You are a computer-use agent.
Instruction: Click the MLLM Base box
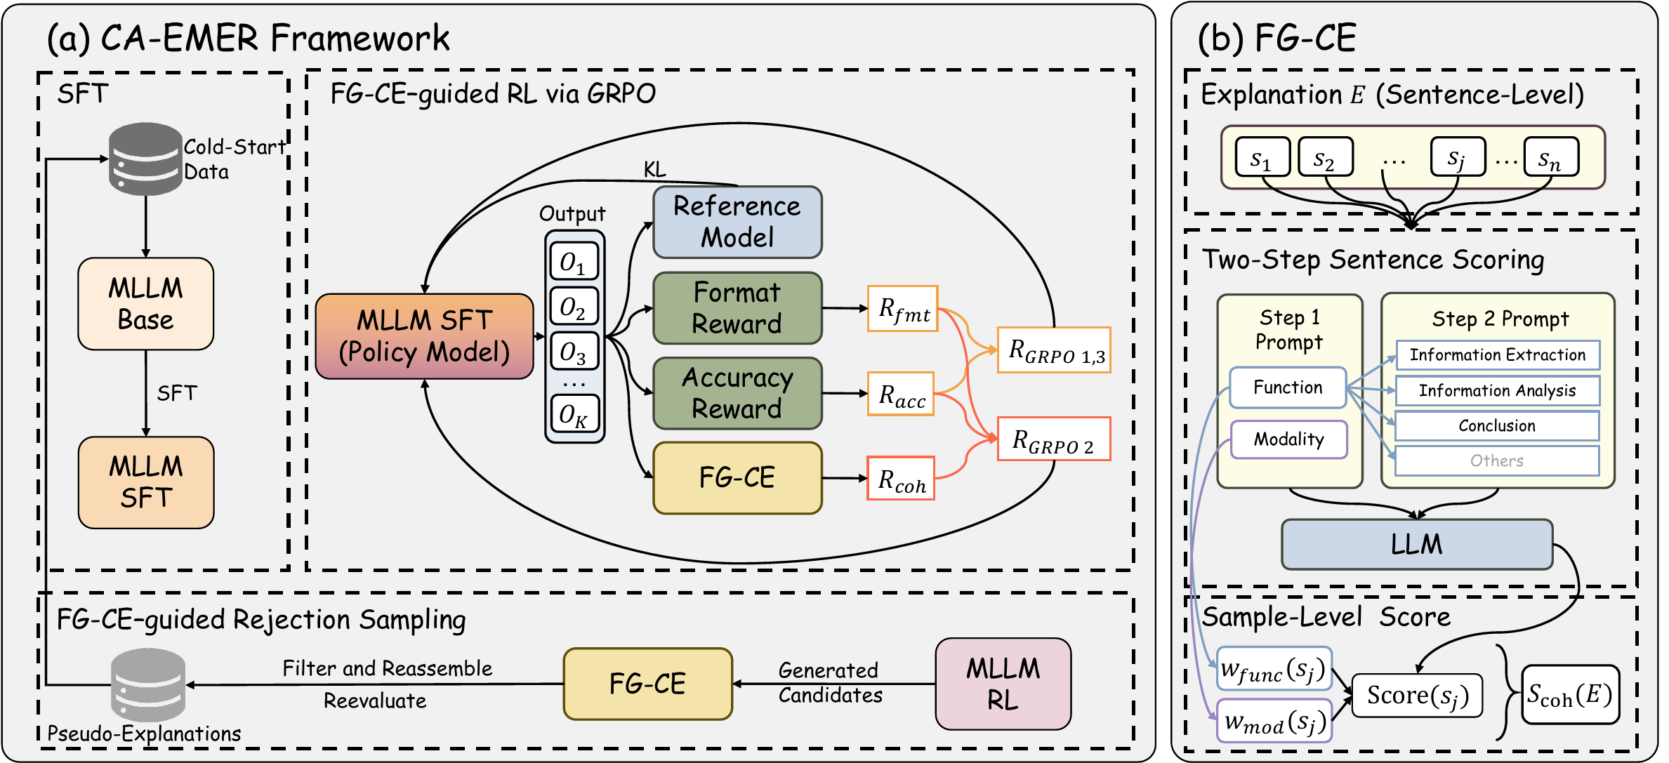click(x=146, y=304)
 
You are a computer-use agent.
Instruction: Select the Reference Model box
click(x=737, y=222)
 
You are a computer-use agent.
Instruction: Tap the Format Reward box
click(x=737, y=308)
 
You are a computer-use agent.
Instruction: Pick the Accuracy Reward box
click(x=737, y=393)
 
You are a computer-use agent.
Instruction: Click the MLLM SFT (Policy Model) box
click(x=425, y=336)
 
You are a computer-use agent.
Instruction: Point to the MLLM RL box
click(x=1003, y=684)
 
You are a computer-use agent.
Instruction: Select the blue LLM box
click(x=1416, y=544)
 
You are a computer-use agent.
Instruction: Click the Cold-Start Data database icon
click(x=145, y=159)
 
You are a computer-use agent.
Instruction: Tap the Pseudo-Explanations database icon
click(x=148, y=684)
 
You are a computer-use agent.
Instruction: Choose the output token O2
click(x=574, y=307)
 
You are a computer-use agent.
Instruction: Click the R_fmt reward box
click(x=903, y=308)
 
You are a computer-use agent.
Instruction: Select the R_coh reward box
click(x=901, y=479)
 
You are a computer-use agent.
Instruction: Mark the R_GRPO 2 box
click(x=1054, y=439)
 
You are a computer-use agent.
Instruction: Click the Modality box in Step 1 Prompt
click(x=1288, y=439)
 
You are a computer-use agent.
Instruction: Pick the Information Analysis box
click(x=1497, y=390)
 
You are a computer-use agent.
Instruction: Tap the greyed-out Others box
click(x=1497, y=460)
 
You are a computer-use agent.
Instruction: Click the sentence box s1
click(x=1262, y=157)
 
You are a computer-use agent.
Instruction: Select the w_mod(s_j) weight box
click(x=1274, y=721)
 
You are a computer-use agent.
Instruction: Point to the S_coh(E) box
click(x=1570, y=695)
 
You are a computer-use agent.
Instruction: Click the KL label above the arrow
click(x=654, y=169)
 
